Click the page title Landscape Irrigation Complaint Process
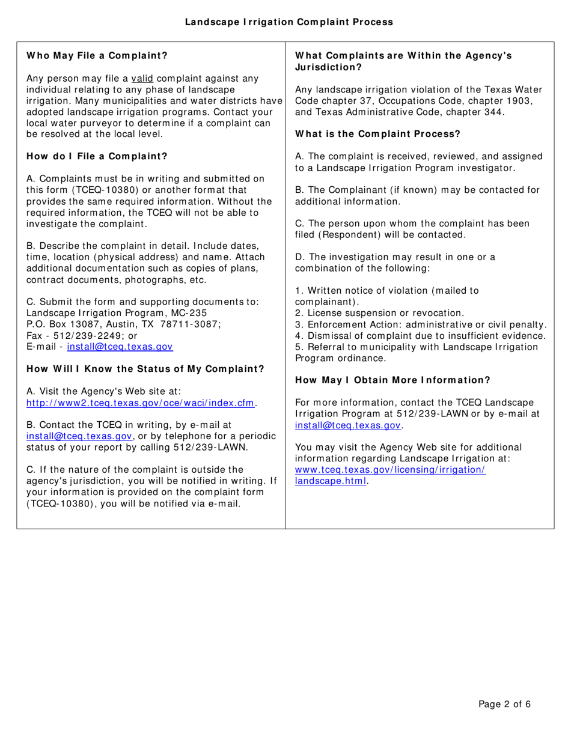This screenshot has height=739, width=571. (289, 22)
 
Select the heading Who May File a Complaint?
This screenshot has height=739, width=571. (97, 56)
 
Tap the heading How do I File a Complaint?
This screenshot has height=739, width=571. (97, 157)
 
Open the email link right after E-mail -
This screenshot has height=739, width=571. (120, 347)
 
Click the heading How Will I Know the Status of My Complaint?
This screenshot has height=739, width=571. (145, 369)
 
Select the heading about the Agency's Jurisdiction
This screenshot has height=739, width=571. (403, 61)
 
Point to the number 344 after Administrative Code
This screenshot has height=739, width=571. (492, 112)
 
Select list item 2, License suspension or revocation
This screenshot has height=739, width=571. (380, 313)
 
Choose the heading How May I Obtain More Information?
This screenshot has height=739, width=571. (392, 380)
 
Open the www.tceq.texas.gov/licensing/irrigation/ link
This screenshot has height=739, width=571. (390, 469)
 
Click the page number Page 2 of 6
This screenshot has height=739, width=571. (504, 705)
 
